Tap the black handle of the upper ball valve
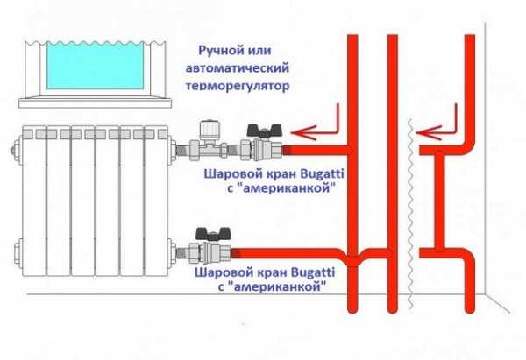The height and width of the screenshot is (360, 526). pos(259,130)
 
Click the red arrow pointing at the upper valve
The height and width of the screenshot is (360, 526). pos(314,132)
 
